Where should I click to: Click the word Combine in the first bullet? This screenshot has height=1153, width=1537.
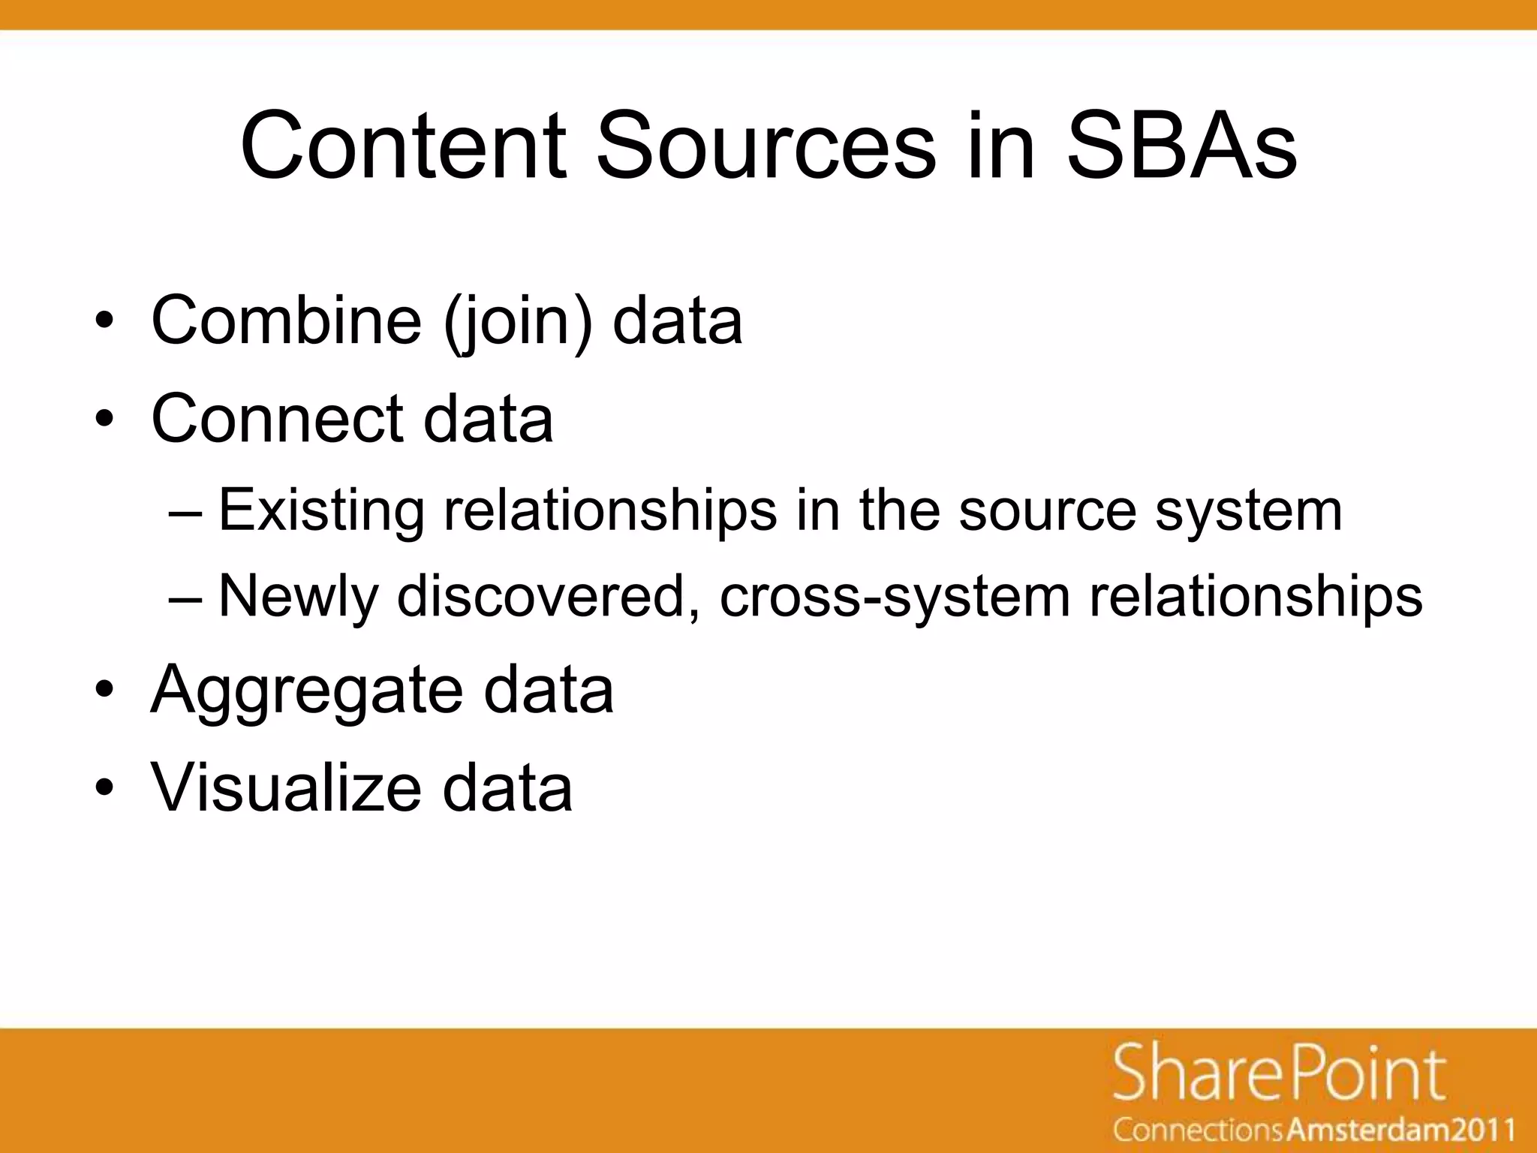(x=286, y=321)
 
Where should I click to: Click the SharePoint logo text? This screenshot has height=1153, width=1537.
(x=1279, y=1074)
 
